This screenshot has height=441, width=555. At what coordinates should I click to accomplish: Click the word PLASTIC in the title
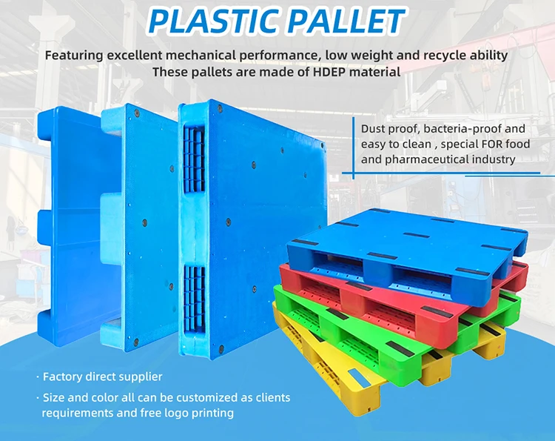(209, 21)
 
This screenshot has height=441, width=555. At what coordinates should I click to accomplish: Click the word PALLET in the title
(344, 21)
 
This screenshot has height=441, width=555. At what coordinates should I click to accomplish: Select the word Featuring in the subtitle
(76, 55)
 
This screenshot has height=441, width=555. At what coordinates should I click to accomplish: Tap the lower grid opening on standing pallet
(195, 296)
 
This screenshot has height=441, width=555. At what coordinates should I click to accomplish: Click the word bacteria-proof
(474, 128)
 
